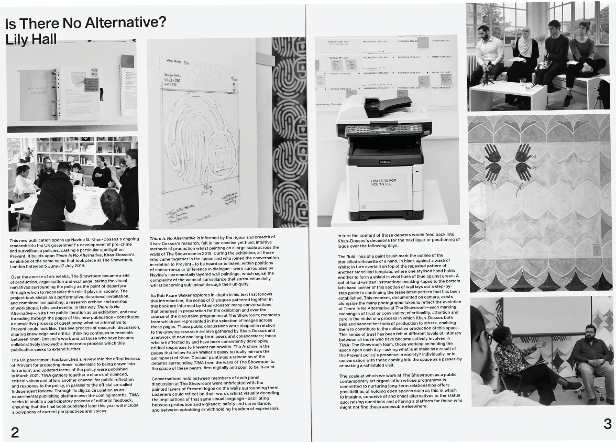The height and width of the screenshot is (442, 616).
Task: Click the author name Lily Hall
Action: pyautogui.click(x=30, y=39)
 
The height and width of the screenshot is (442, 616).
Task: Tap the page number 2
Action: pyautogui.click(x=15, y=432)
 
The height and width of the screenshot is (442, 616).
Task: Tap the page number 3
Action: pyautogui.click(x=607, y=424)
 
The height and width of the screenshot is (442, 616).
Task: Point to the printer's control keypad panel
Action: pyautogui.click(x=384, y=129)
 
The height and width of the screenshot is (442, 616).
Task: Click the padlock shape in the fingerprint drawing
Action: pyautogui.click(x=213, y=156)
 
